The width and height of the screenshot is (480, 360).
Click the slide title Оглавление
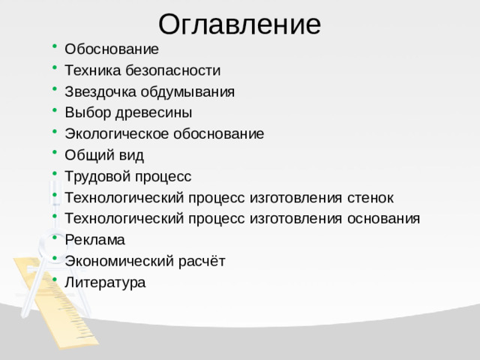239,24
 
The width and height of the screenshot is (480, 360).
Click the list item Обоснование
112,49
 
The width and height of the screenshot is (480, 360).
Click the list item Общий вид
104,155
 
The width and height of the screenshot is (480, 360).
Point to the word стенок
370,197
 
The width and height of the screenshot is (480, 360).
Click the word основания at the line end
384,218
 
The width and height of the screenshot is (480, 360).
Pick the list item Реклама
94,240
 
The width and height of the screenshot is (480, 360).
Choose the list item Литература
105,282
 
